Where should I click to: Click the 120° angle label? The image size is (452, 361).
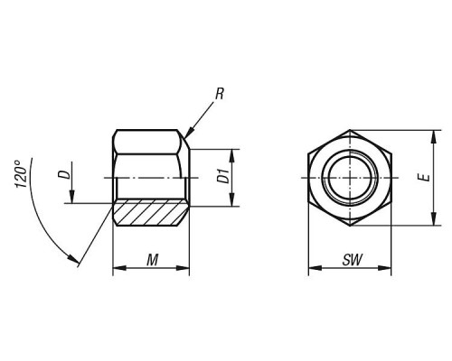pyautogui.click(x=21, y=174)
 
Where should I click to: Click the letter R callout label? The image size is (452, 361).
pyautogui.click(x=220, y=94)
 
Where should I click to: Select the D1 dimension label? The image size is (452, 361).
pyautogui.click(x=223, y=176)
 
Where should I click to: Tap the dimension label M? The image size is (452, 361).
pyautogui.click(x=153, y=260)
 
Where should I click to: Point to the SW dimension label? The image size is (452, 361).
pyautogui.click(x=352, y=260)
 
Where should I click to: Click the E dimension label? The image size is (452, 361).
pyautogui.click(x=425, y=178)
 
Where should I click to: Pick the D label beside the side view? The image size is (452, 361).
pyautogui.click(x=64, y=174)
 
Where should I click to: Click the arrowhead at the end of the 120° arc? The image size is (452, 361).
pyautogui.click(x=73, y=258)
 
